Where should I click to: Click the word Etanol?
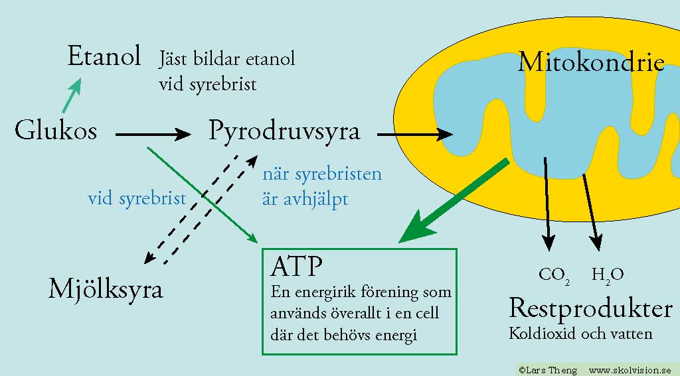pyautogui.click(x=104, y=56)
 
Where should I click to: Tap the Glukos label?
pyautogui.click(x=56, y=130)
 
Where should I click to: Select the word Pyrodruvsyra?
pyautogui.click(x=284, y=131)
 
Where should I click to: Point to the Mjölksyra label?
pyautogui.click(x=106, y=289)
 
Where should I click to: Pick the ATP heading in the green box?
pyautogui.click(x=297, y=266)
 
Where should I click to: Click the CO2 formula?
pyautogui.click(x=554, y=275)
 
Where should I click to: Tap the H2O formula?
pyautogui.click(x=608, y=275)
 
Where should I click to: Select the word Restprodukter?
pyautogui.click(x=590, y=308)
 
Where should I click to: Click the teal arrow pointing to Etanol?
pyautogui.click(x=72, y=95)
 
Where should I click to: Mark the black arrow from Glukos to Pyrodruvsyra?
pyautogui.click(x=153, y=135)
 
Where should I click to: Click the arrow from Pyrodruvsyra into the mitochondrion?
pyautogui.click(x=415, y=134)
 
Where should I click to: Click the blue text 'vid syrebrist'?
pyautogui.click(x=137, y=198)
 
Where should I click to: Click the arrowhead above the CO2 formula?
pyautogui.click(x=549, y=243)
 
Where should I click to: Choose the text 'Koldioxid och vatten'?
pyautogui.click(x=580, y=334)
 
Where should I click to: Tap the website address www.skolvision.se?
pyautogui.click(x=630, y=371)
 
